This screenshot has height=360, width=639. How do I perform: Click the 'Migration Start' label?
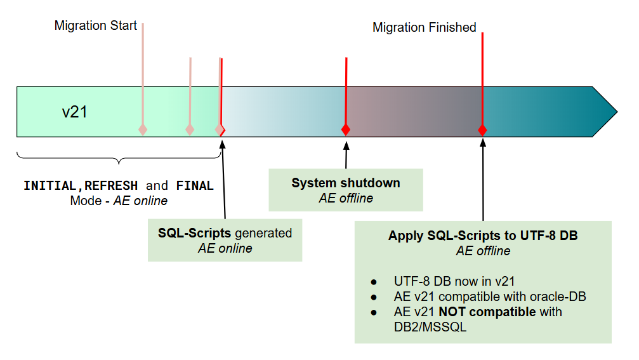pyautogui.click(x=95, y=26)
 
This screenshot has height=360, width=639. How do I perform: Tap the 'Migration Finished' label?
pyautogui.click(x=424, y=27)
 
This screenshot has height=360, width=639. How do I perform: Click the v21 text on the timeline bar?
pyautogui.click(x=74, y=112)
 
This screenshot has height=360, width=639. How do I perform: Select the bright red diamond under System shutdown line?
pyautogui.click(x=346, y=130)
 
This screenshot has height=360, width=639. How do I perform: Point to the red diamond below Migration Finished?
pyautogui.click(x=482, y=130)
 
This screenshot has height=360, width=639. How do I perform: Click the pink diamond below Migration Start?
pyautogui.click(x=143, y=130)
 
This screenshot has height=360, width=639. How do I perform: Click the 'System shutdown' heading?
pyautogui.click(x=346, y=183)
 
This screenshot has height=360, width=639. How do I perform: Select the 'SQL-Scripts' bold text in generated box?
pyautogui.click(x=194, y=233)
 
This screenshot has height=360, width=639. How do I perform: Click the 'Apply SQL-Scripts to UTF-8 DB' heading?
pyautogui.click(x=483, y=236)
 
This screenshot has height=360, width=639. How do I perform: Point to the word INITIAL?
pyautogui.click(x=49, y=186)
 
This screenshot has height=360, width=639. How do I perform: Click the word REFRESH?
pyautogui.click(x=111, y=186)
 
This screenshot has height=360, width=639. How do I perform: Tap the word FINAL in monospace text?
pyautogui.click(x=195, y=186)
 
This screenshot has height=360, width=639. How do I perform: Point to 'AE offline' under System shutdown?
pyautogui.click(x=346, y=198)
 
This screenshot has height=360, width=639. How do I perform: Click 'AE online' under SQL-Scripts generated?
pyautogui.click(x=225, y=248)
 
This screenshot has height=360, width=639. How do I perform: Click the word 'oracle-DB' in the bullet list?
pyautogui.click(x=558, y=297)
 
